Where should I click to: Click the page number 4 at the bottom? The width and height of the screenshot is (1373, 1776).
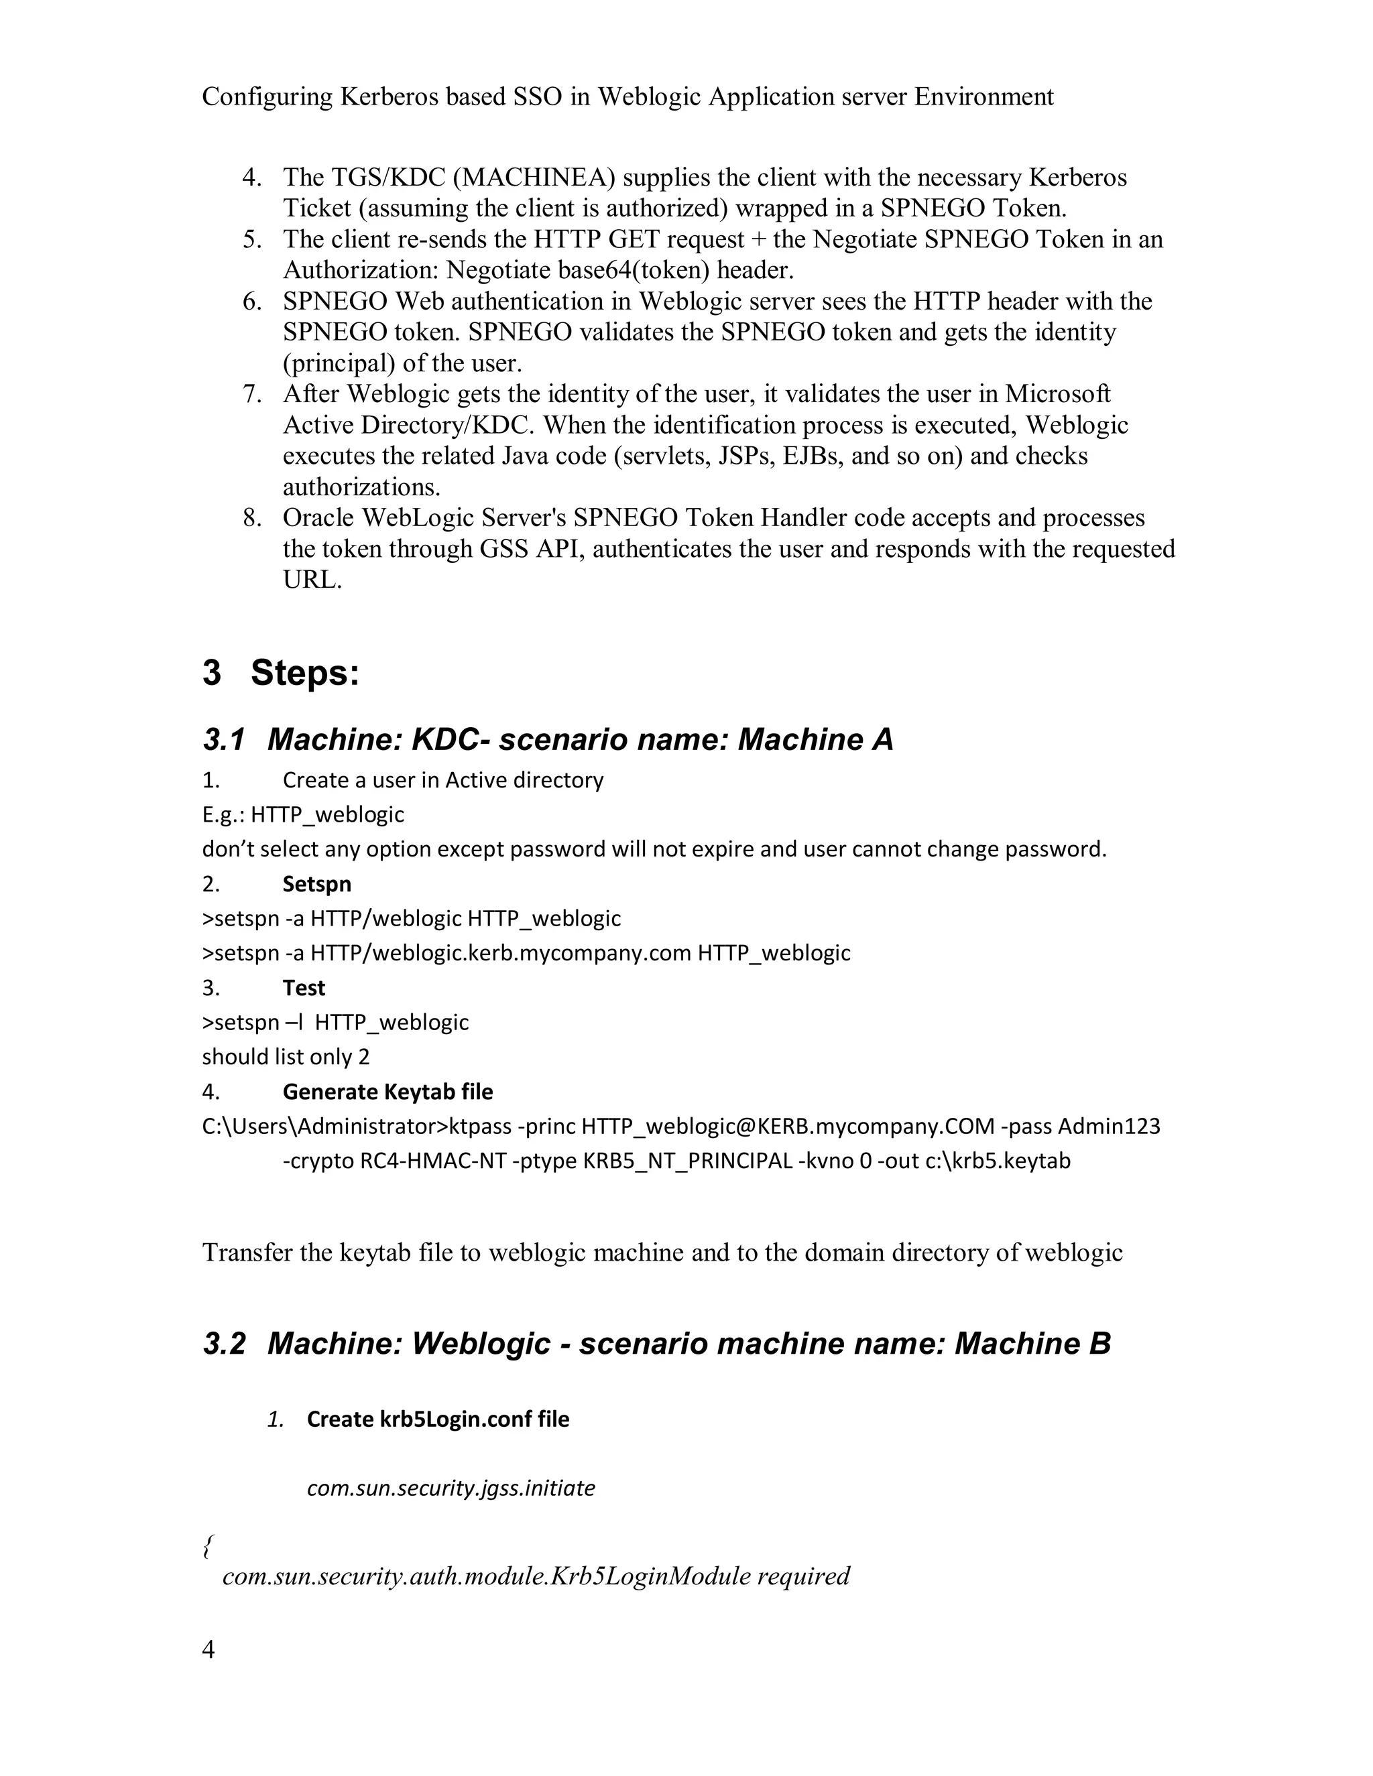tap(208, 1650)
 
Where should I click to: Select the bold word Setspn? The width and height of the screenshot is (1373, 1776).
tap(316, 884)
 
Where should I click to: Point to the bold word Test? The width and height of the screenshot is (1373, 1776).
tap(304, 988)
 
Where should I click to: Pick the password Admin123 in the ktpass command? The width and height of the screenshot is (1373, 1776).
tap(1109, 1127)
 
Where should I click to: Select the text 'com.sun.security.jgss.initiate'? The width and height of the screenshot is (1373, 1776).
tap(451, 1488)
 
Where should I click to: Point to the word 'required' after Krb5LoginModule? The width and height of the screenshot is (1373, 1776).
tap(802, 1576)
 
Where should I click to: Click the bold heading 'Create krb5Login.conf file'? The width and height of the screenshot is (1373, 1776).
tap(438, 1419)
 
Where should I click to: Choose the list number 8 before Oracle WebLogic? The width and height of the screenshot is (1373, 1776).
tap(251, 518)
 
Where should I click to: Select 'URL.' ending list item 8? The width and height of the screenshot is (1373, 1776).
tap(312, 580)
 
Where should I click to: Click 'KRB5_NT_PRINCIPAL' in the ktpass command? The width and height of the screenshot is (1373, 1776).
tap(687, 1161)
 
